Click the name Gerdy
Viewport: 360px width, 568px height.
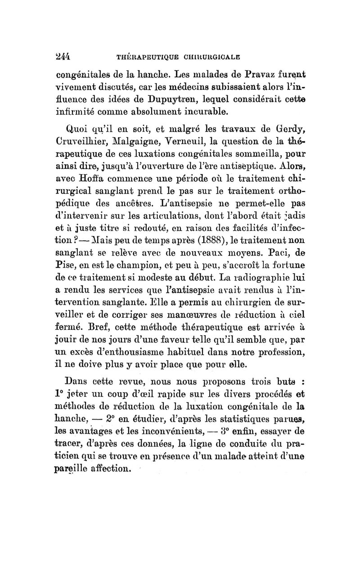288,132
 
